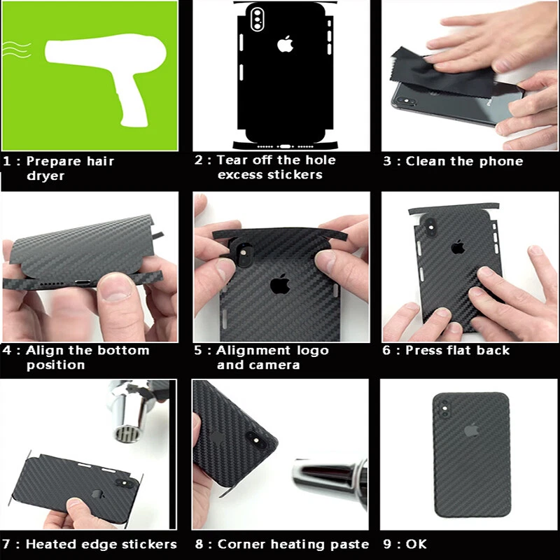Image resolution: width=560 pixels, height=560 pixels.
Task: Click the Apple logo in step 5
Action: click(280, 283)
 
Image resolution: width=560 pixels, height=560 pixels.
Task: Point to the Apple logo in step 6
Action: click(458, 246)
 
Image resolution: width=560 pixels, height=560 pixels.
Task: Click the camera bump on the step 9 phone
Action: click(445, 407)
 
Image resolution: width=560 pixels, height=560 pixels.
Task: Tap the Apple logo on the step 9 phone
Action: click(470, 429)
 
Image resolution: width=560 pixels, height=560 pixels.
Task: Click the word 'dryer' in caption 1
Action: click(45, 176)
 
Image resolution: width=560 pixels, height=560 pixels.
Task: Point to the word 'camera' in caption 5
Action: click(275, 365)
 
